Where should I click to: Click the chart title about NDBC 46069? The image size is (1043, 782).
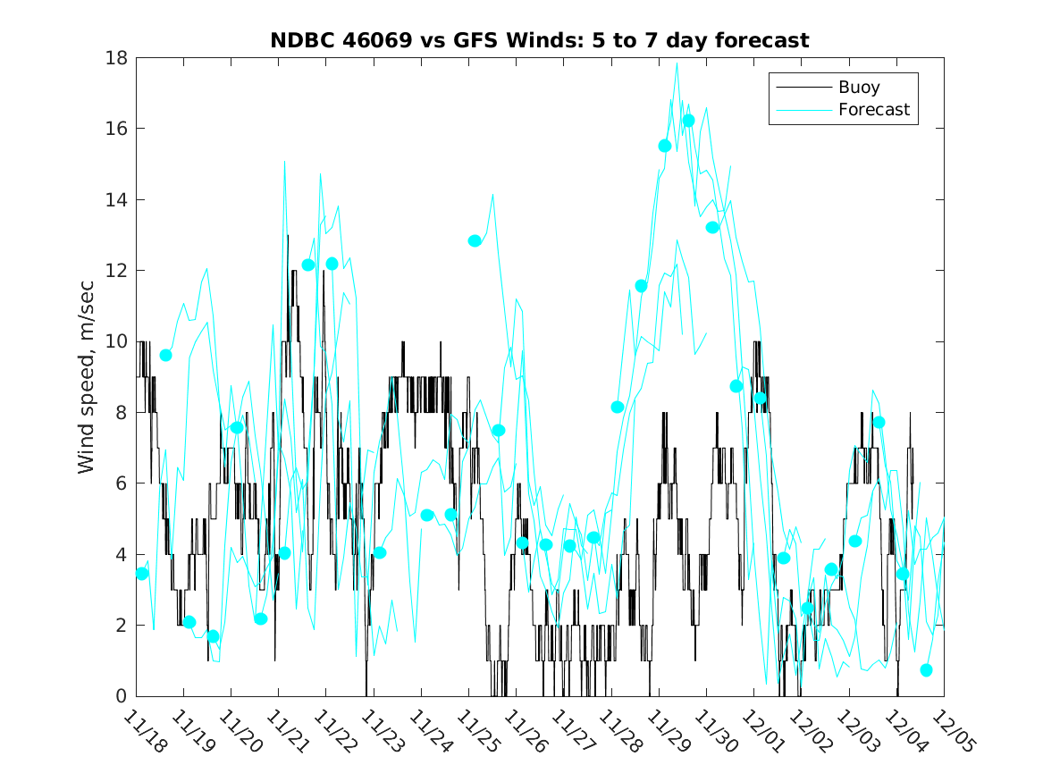(540, 40)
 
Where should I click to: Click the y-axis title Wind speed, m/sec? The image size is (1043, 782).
(86, 377)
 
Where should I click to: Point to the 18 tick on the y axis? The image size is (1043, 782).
(118, 58)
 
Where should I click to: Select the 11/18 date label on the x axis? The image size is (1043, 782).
(143, 732)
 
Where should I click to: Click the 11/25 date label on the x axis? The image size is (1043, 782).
(475, 732)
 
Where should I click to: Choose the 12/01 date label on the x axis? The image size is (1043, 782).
(760, 732)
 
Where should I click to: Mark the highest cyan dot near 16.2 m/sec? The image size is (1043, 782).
(688, 121)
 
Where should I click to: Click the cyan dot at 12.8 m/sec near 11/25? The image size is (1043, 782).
(475, 240)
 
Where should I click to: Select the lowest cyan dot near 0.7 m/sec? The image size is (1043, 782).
(926, 670)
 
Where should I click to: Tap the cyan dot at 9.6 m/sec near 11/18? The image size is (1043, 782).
(165, 355)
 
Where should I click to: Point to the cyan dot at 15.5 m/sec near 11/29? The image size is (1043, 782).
(665, 146)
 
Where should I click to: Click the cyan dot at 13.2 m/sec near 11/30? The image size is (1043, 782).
(712, 227)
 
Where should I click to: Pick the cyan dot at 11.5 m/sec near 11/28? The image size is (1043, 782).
(641, 286)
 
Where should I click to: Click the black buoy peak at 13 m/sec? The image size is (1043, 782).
(288, 235)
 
